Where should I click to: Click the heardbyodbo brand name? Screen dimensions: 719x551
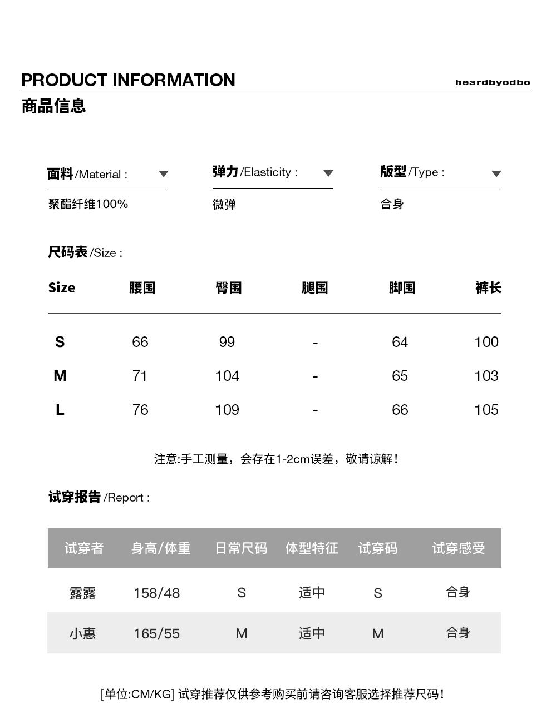click(492, 82)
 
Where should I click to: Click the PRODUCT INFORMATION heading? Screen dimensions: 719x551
click(128, 80)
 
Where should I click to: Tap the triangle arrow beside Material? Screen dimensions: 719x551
click(163, 174)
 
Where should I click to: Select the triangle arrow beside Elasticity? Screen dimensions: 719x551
click(328, 173)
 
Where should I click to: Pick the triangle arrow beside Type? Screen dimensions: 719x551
click(496, 173)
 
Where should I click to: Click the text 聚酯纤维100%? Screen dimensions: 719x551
click(88, 204)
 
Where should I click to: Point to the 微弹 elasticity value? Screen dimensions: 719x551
click(224, 205)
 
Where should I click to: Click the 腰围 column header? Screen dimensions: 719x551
click(142, 287)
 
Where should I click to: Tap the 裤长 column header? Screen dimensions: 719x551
click(488, 287)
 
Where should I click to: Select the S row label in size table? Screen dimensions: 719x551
click(60, 342)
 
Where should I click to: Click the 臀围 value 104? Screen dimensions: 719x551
click(227, 376)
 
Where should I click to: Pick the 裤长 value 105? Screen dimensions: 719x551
click(486, 410)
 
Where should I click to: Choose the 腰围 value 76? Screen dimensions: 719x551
click(140, 410)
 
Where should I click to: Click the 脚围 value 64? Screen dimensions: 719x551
click(400, 342)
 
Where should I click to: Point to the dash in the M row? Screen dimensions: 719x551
click(315, 376)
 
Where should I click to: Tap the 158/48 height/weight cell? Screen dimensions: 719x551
click(156, 593)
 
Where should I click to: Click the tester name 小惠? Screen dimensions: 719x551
click(82, 633)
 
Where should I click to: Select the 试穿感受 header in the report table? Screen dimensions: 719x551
click(458, 548)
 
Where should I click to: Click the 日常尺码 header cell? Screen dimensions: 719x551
click(241, 548)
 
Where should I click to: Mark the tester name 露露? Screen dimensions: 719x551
click(82, 593)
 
